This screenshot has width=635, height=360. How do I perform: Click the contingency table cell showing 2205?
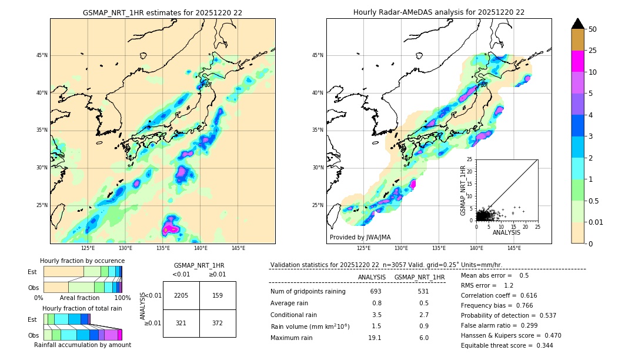181,295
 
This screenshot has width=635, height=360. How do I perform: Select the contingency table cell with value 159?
218,295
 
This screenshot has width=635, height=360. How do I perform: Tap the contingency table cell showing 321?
181,324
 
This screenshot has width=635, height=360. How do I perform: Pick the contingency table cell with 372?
218,324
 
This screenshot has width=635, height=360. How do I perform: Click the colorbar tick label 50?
593,29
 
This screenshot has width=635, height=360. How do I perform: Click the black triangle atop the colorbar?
577,24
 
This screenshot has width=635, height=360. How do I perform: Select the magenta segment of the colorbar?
577,61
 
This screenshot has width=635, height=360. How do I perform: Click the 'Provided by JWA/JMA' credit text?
360,238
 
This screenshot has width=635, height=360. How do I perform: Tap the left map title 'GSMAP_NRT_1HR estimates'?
162,12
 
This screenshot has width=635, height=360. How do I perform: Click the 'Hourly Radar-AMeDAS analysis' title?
439,12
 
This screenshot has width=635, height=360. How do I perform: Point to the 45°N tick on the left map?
41,55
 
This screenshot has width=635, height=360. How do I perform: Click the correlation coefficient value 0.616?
526,296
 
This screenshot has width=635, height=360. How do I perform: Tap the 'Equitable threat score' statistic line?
507,345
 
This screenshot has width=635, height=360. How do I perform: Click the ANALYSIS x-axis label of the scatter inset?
506,232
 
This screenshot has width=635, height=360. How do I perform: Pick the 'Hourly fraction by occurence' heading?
82,261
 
